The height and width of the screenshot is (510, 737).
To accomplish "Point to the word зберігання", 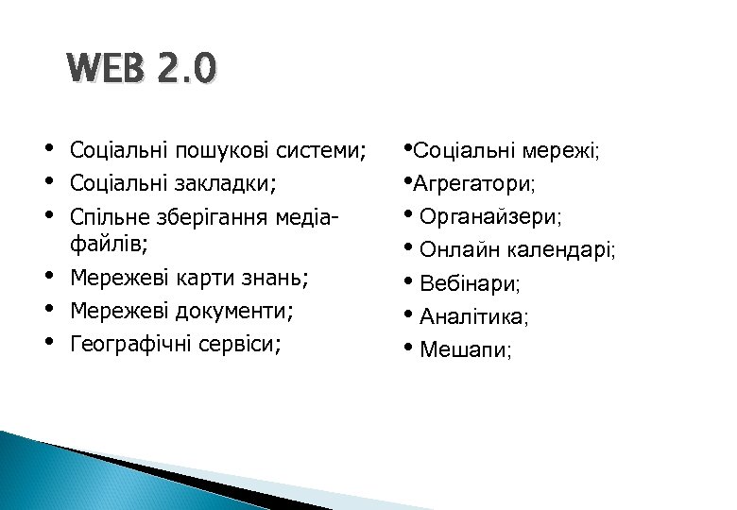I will point(223,218).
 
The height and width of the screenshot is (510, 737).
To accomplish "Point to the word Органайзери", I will point(489,218).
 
